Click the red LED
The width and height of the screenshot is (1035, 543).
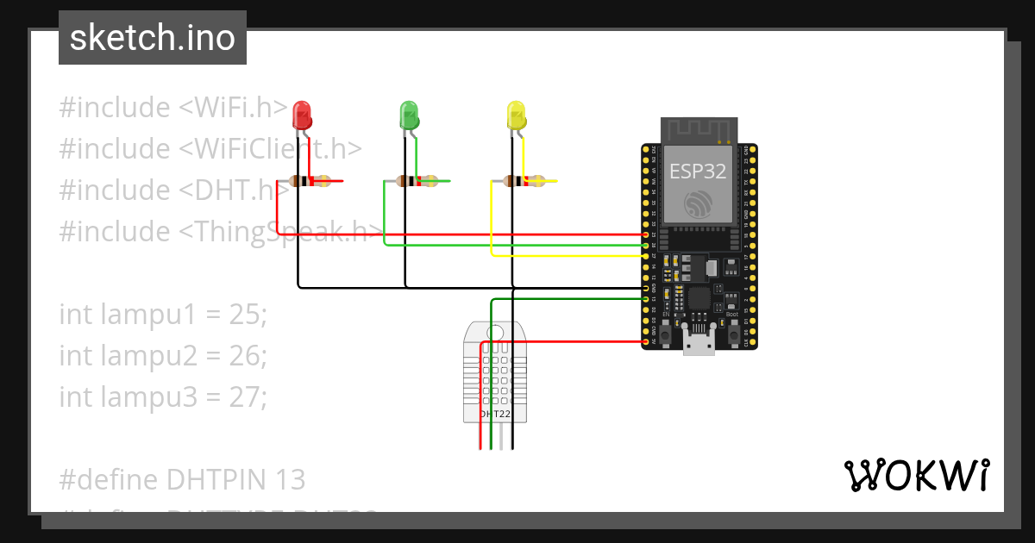[302, 114]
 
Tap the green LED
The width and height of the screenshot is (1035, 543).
[409, 114]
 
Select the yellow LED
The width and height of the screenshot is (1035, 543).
[516, 115]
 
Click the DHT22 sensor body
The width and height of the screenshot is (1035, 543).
[495, 371]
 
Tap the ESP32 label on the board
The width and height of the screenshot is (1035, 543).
[699, 171]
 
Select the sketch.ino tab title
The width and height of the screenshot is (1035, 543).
[153, 38]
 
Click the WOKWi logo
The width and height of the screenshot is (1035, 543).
[916, 475]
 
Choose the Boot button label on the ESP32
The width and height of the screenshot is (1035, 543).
[732, 315]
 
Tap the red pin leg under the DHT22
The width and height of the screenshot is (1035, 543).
[480, 435]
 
